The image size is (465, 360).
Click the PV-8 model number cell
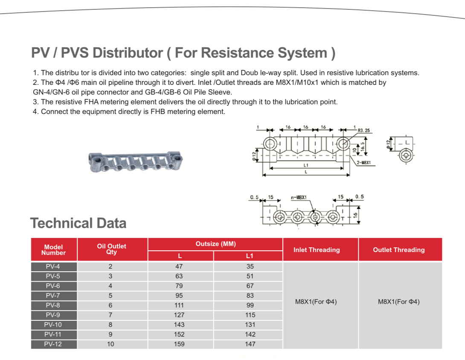pos(53,305)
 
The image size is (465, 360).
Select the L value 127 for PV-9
pos(179,315)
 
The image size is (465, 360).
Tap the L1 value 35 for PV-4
pos(250,266)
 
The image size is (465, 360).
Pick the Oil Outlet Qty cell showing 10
pos(111,344)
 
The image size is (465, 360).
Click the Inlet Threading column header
pos(317,250)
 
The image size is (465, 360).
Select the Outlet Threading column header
pos(399,250)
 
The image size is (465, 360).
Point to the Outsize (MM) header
pos(215,244)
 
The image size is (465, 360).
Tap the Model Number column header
pos(53,250)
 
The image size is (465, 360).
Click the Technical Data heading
pos(78,223)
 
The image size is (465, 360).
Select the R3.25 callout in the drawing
pos(364,131)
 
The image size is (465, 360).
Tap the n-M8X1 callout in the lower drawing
pos(299,197)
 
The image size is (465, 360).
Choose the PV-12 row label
pos(53,344)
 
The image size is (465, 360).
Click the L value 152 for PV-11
pos(179,334)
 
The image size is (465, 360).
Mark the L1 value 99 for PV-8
pos(250,305)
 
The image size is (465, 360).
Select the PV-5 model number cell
pos(53,276)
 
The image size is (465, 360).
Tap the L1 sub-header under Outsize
pos(250,256)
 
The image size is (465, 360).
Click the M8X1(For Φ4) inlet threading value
pos(316,302)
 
